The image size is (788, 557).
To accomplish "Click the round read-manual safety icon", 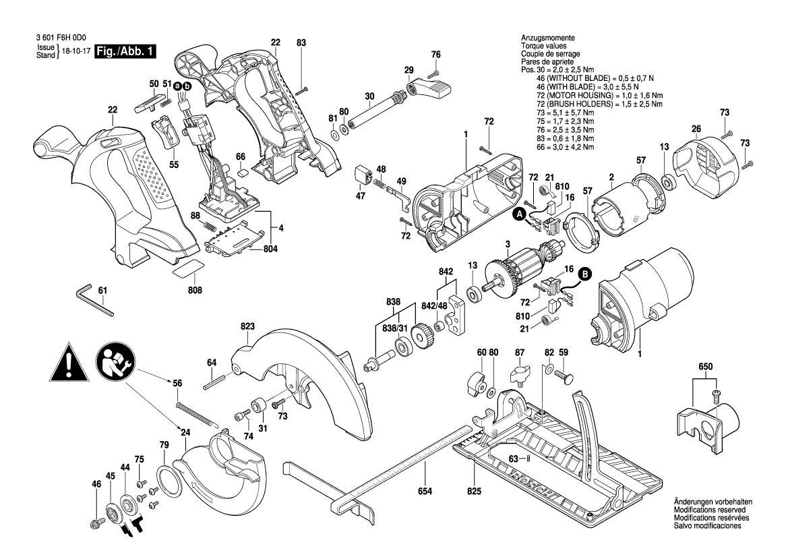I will [115, 361].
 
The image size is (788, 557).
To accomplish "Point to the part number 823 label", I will [247, 326].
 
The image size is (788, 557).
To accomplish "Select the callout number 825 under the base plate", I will [474, 492].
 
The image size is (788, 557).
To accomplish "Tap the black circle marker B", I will [585, 274].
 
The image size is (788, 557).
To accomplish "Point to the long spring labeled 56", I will [197, 413].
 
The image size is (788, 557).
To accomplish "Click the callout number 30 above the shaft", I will [369, 96].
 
